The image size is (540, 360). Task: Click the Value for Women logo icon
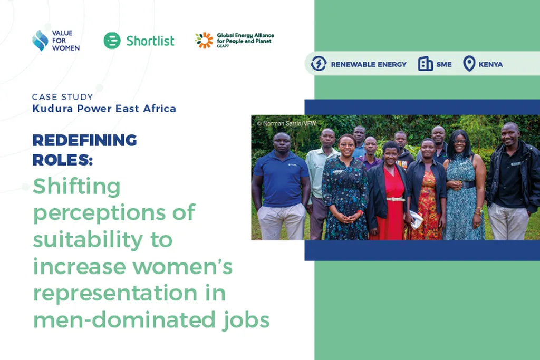pyautogui.click(x=40, y=41)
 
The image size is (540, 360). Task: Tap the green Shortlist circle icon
pyautogui.click(x=112, y=41)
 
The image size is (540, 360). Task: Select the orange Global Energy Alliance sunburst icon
pyautogui.click(x=204, y=40)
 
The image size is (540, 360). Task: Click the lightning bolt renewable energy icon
pyautogui.click(x=319, y=64)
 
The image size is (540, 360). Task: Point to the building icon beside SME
pyautogui.click(x=425, y=64)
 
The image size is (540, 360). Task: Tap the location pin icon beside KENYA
pyautogui.click(x=469, y=64)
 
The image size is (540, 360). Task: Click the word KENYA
pyautogui.click(x=490, y=64)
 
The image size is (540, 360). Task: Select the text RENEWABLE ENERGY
pyautogui.click(x=369, y=64)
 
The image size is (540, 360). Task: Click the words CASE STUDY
pyautogui.click(x=62, y=97)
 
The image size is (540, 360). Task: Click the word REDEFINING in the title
pyautogui.click(x=84, y=141)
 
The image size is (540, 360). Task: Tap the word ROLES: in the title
pyautogui.click(x=62, y=159)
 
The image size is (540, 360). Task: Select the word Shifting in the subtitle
pyautogui.click(x=76, y=187)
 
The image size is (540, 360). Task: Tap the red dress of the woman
pyautogui.click(x=391, y=216)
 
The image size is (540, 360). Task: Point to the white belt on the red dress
pyautogui.click(x=396, y=199)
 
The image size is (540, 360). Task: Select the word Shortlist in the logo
pyautogui.click(x=150, y=41)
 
